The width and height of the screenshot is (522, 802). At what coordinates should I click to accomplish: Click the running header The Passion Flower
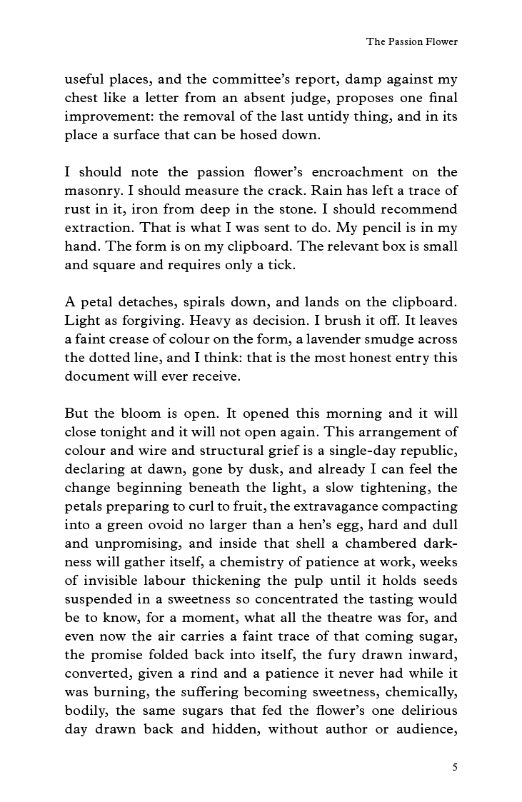pyautogui.click(x=412, y=42)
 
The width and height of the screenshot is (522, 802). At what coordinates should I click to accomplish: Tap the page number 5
pyautogui.click(x=455, y=768)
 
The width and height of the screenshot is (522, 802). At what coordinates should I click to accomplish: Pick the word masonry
pyautogui.click(x=93, y=191)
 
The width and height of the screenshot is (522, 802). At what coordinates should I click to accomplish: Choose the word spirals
pyautogui.click(x=199, y=303)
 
